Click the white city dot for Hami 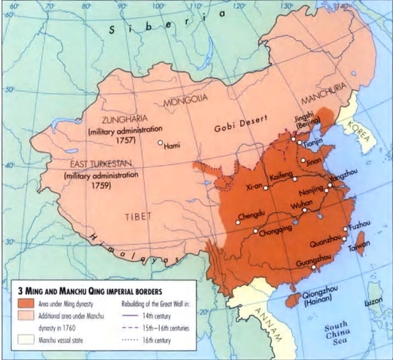(160, 142)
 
